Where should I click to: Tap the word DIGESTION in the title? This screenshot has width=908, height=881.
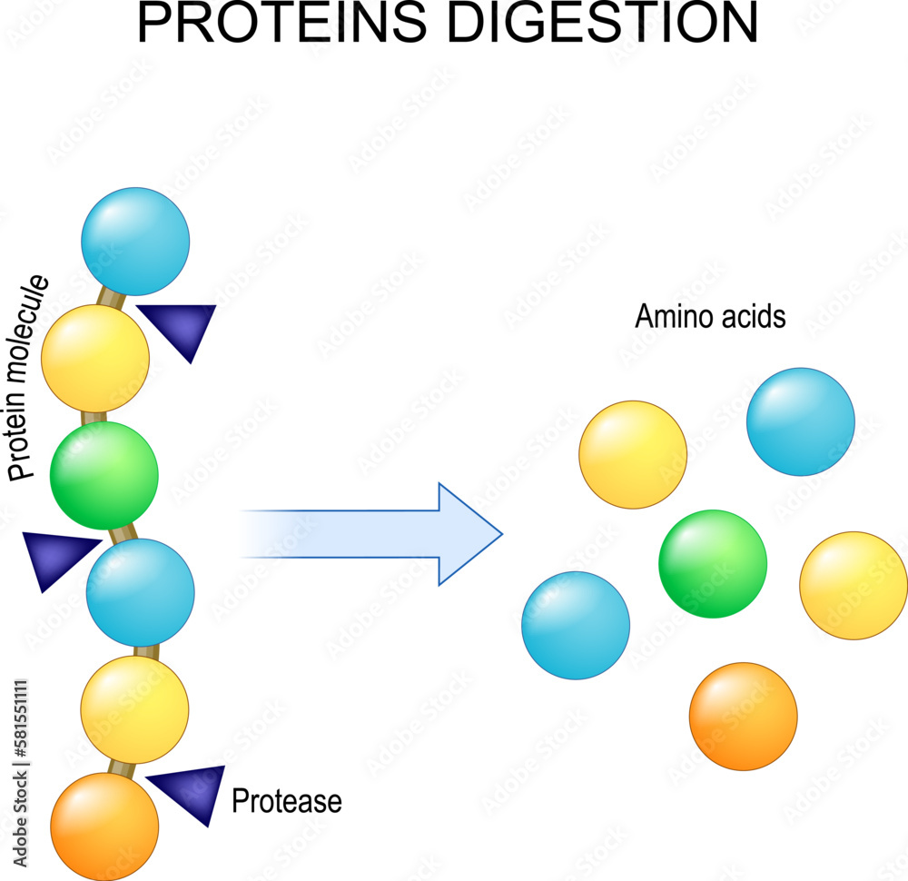coord(603,23)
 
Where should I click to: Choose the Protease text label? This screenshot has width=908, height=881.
coord(287,801)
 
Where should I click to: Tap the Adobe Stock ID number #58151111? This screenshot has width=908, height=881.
coord(21,718)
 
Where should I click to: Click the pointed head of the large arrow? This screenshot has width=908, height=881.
coord(501,533)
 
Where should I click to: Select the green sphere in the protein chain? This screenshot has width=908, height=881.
coord(104,476)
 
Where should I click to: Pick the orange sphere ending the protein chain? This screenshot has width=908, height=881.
coord(104,827)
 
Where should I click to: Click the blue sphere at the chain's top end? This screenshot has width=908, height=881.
coord(135,242)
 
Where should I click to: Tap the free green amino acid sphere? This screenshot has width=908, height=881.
coord(713,564)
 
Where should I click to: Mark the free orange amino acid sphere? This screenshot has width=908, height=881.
coord(743,717)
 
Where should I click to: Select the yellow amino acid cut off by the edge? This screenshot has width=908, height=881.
coord(854,586)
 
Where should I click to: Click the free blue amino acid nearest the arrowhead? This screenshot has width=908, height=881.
coord(576,626)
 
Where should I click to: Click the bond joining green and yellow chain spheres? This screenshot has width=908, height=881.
coord(94,417)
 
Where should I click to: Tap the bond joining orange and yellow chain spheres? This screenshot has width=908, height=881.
coord(122,769)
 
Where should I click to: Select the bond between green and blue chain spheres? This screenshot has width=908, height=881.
coord(123,533)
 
